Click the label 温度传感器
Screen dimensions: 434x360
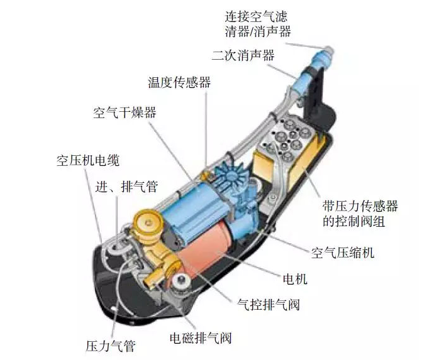[x=179, y=82]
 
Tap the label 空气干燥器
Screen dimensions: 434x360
[x=125, y=112]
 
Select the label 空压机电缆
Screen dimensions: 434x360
[x=88, y=160]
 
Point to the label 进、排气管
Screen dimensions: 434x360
[x=127, y=187]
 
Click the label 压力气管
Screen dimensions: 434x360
[x=111, y=346]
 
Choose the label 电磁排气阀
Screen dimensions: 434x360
[x=201, y=337]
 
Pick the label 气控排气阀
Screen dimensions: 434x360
[x=269, y=305]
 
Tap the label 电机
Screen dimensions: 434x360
[x=295, y=279]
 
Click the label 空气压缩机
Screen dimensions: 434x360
[x=343, y=253]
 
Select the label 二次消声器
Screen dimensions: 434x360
[x=243, y=55]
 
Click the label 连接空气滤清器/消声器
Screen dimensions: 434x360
[x=258, y=24]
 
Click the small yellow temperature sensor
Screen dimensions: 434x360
[x=205, y=175]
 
